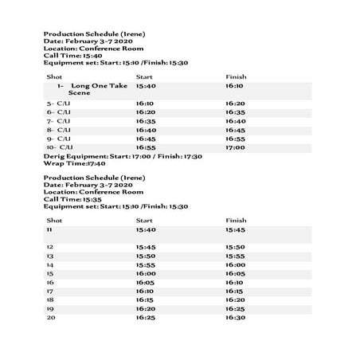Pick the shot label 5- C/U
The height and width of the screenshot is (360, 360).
tap(60, 104)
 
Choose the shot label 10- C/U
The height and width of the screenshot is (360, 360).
tap(60, 147)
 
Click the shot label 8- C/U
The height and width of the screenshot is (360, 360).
tap(60, 130)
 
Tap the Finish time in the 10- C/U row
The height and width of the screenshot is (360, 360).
tap(235, 147)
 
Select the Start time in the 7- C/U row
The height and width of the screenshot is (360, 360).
tap(146, 121)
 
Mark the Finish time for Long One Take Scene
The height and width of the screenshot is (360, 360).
tap(235, 84)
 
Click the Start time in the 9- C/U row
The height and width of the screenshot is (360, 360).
tap(146, 139)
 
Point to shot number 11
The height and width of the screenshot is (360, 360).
tap(49, 229)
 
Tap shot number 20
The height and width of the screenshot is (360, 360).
tap(50, 317)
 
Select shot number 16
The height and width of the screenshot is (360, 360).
tap(50, 282)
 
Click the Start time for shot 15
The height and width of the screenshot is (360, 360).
tap(146, 273)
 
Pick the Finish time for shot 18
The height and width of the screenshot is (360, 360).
tap(235, 299)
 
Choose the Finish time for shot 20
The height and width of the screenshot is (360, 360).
tap(235, 317)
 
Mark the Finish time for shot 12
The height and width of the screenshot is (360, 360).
tap(235, 247)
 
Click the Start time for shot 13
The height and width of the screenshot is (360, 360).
tap(146, 256)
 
